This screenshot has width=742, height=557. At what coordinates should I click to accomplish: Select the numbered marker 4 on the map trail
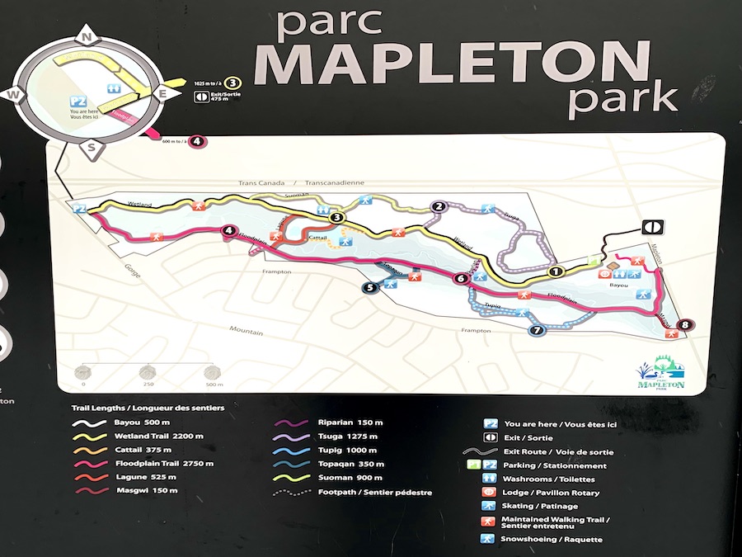228,233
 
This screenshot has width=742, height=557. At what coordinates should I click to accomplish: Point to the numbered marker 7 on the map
538,331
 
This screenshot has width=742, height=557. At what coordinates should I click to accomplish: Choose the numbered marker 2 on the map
439,207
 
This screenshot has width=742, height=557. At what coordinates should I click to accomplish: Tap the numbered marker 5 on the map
370,287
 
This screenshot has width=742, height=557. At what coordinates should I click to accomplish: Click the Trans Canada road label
261,183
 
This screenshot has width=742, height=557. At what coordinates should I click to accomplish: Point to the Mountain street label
247,333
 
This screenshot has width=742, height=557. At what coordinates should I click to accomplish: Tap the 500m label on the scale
214,385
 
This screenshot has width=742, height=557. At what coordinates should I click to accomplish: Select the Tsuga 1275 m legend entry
347,436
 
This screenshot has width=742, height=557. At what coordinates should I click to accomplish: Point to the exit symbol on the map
650,226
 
